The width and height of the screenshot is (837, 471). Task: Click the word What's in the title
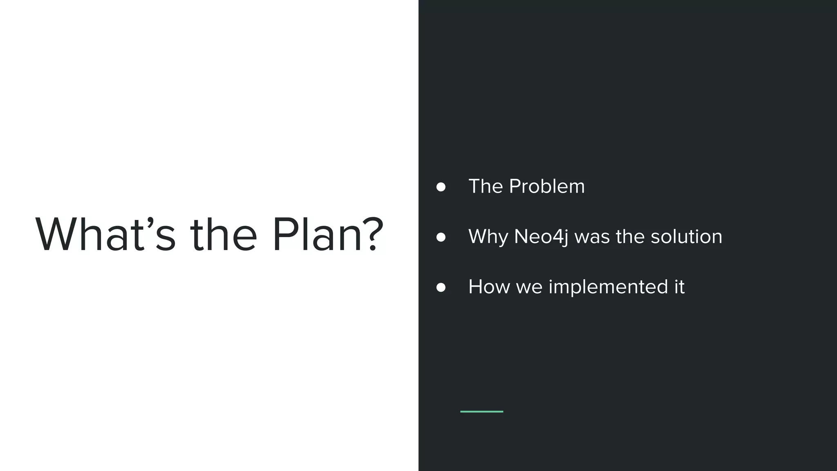[x=105, y=234]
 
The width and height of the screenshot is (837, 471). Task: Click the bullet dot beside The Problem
[x=441, y=187]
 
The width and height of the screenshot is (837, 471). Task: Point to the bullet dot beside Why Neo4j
[x=441, y=237]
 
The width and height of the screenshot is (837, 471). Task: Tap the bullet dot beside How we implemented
[x=441, y=287]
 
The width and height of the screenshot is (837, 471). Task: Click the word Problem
[x=547, y=186]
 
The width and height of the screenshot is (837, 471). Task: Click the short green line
[x=481, y=411]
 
